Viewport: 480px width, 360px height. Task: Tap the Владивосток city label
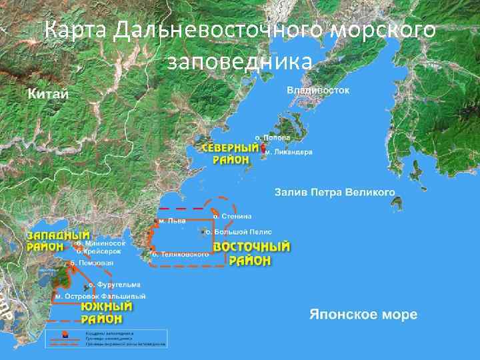point(318,90)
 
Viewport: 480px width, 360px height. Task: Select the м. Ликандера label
point(288,152)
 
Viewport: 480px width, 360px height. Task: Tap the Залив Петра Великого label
point(335,193)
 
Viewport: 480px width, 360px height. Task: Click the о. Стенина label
point(232,216)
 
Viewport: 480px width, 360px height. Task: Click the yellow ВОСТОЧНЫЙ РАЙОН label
point(251,253)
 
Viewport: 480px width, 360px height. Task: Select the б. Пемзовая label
point(93,263)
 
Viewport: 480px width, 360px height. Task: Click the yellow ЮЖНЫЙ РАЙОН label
point(106,313)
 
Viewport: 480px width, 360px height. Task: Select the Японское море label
point(363,314)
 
